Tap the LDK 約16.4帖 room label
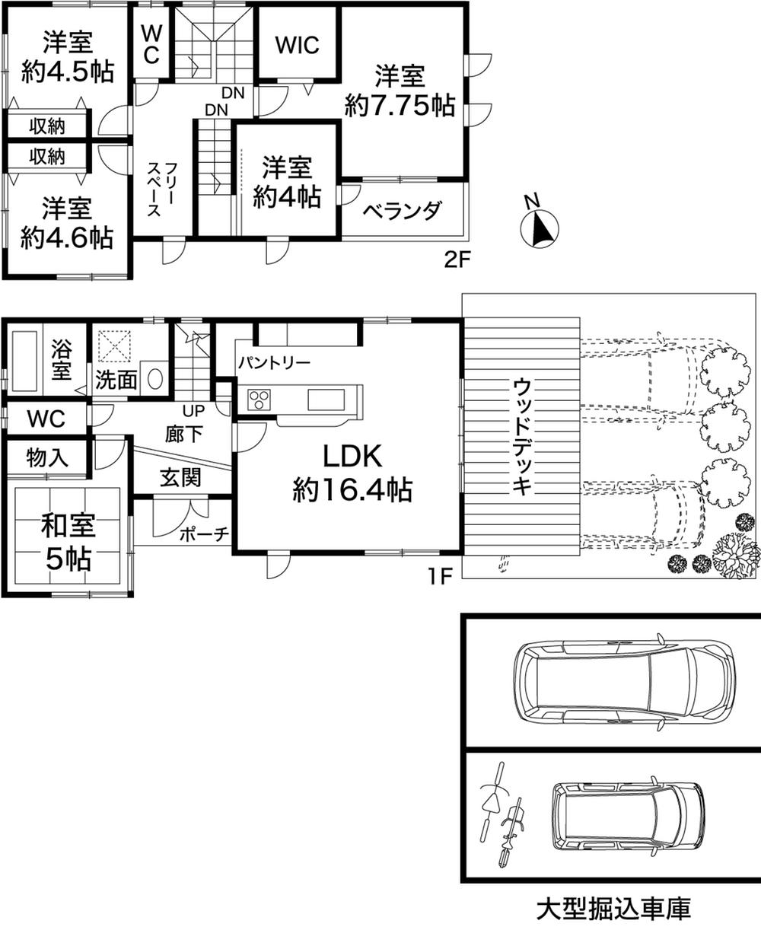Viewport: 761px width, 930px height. [352, 473]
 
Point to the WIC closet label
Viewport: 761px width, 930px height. [297, 45]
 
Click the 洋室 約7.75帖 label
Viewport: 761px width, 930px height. [400, 91]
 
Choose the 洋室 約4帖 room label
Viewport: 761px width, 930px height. [287, 182]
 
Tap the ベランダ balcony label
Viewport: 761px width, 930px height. [401, 212]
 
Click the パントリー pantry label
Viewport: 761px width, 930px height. [274, 362]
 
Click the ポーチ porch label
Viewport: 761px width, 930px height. [204, 534]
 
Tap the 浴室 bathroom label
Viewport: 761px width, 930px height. [61, 361]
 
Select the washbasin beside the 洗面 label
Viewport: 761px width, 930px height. [154, 378]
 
